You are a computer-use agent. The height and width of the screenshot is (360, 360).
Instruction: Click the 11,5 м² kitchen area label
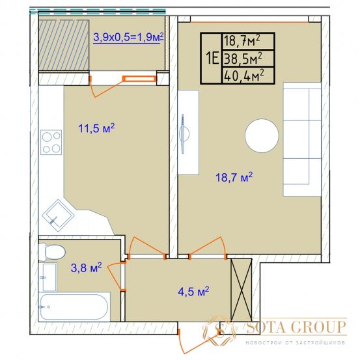pos(96,128)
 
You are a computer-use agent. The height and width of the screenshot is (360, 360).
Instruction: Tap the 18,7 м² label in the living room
pos(234,177)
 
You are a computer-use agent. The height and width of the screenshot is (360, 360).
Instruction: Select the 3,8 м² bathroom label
pos(87,268)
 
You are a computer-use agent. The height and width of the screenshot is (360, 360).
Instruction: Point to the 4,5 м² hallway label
pos(193,292)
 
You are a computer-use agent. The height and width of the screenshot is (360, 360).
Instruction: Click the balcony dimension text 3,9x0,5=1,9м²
pos(128,37)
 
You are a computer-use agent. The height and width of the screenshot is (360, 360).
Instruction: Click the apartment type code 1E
pos(213,59)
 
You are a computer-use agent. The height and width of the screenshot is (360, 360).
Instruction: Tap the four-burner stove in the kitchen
pos(51,142)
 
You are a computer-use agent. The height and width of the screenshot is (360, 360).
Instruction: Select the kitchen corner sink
pos(58,215)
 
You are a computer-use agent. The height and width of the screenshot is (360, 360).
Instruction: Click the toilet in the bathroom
pos(52,252)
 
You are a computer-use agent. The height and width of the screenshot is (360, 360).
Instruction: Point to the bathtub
pos(74,307)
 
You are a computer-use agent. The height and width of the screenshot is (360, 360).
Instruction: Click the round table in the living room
pos(262,135)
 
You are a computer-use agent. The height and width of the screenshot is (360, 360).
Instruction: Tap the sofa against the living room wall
pos(302,139)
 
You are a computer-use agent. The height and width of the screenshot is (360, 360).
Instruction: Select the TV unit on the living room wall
pos(188,132)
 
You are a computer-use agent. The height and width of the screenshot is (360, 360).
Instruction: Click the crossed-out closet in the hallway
pos(241,290)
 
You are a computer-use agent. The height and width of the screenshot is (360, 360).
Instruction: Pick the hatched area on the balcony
pos(64,45)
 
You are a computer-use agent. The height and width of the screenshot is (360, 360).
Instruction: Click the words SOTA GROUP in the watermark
pos(296,327)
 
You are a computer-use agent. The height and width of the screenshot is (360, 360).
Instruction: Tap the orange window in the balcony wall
pos(139,79)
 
